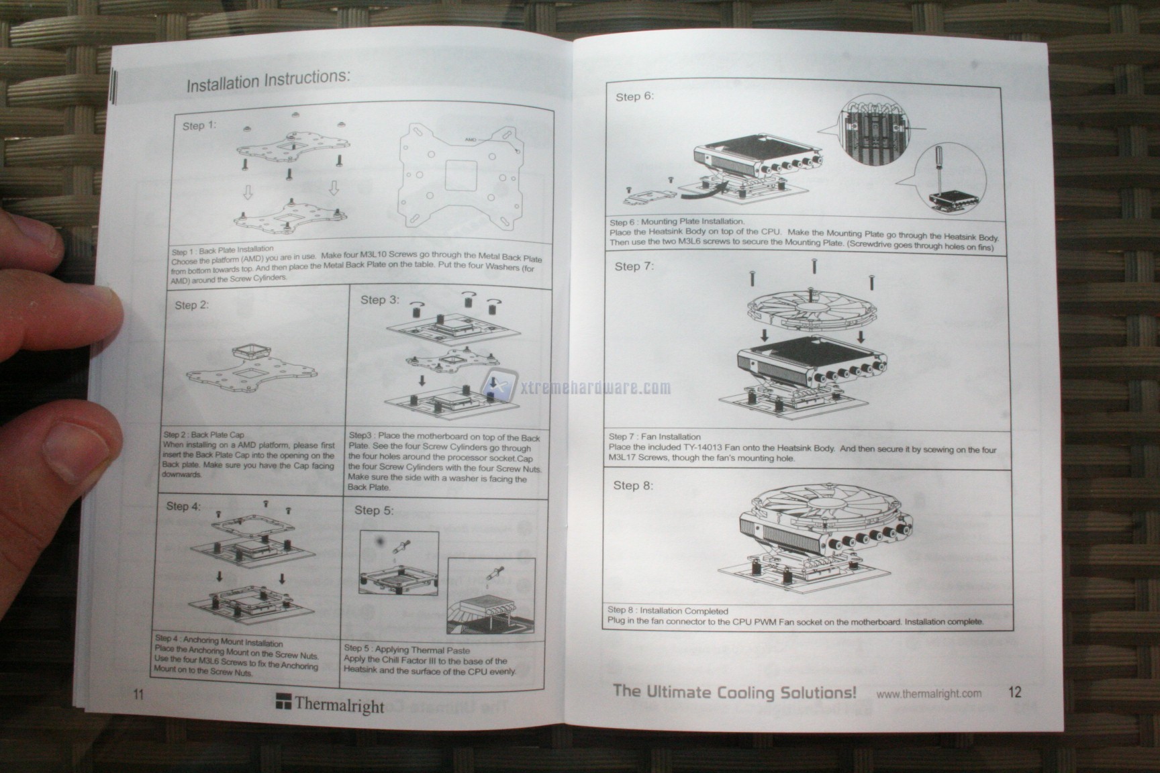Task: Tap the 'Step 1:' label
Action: (199, 125)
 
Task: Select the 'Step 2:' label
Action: (191, 305)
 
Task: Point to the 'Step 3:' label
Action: (379, 300)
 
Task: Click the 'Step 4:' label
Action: (183, 506)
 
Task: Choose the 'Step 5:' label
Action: (373, 511)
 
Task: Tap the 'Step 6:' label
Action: (634, 97)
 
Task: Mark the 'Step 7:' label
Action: (634, 266)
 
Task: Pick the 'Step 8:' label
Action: (632, 485)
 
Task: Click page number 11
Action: (138, 694)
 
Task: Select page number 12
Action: (1014, 692)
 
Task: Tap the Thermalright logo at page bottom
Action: (330, 704)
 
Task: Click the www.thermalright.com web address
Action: (929, 694)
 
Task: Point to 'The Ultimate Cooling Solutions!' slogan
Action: (734, 692)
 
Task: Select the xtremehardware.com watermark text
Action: (595, 387)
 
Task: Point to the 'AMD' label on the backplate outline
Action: (473, 139)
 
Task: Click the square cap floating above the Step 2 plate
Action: (247, 353)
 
